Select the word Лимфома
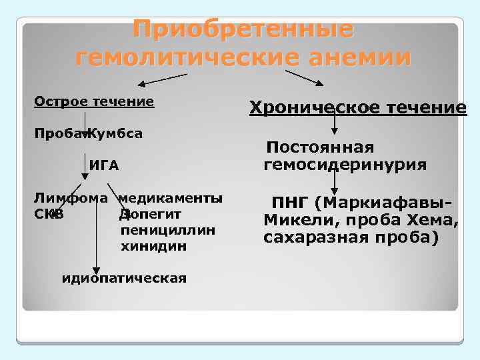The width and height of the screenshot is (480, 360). (71, 199)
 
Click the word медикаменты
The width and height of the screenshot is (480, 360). (171, 199)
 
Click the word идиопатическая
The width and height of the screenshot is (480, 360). (123, 277)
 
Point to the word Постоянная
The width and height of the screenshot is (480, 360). (320, 147)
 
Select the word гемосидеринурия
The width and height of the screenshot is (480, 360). (345, 164)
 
